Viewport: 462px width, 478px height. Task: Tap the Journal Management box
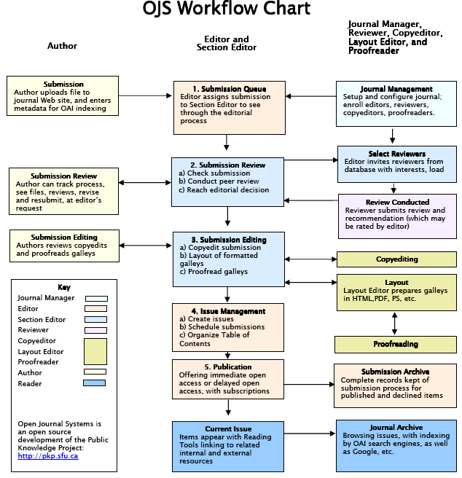(x=396, y=101)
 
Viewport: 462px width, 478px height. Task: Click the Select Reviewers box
(x=396, y=164)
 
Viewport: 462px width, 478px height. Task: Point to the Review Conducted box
(x=396, y=216)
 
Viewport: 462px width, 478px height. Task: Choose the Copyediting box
(x=396, y=259)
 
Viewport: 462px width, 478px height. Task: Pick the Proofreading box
(x=396, y=344)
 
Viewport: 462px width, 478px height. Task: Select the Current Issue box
(x=228, y=446)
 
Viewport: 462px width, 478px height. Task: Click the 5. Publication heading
(x=228, y=367)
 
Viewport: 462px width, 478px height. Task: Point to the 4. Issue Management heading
(x=228, y=311)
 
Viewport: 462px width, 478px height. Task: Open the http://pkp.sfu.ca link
(x=48, y=456)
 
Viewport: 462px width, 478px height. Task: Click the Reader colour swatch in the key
(x=95, y=383)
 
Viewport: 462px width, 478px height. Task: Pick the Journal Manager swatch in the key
(x=95, y=298)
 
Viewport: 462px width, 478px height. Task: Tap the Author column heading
(x=62, y=46)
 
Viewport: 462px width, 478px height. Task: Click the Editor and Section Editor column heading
(x=227, y=44)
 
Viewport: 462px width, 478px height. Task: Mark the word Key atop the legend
(x=64, y=287)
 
